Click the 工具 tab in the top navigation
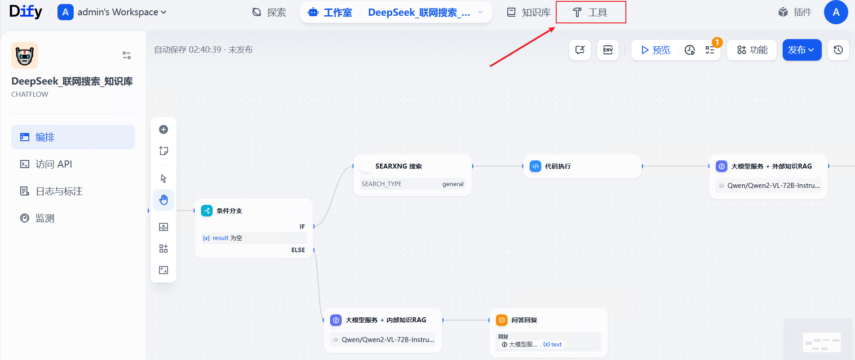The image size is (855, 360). click(590, 13)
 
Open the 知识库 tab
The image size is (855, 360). click(529, 13)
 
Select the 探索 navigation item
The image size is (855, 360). click(269, 13)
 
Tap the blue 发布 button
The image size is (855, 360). click(801, 50)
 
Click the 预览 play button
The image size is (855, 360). click(656, 50)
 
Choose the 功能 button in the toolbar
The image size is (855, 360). click(752, 50)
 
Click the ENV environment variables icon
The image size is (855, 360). click(608, 50)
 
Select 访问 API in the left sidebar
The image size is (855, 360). click(53, 164)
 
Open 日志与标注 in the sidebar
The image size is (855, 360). click(59, 191)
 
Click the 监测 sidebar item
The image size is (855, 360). click(44, 218)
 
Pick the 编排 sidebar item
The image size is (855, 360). click(44, 138)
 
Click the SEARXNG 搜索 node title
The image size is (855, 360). click(399, 166)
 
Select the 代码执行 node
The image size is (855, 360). click(558, 166)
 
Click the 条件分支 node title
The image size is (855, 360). click(229, 211)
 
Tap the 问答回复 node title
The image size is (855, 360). click(524, 320)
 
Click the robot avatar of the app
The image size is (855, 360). click(25, 55)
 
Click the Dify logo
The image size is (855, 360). click(26, 11)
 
